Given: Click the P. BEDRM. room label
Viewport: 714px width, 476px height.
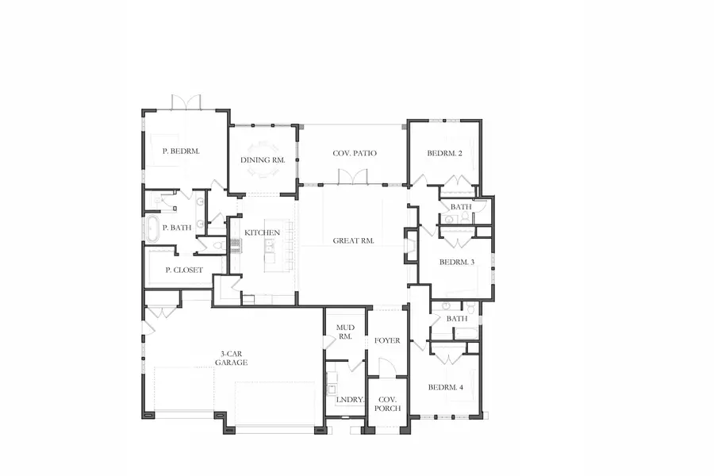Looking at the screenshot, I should pyautogui.click(x=180, y=151).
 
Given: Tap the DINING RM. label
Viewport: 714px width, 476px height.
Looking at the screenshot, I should pyautogui.click(x=263, y=159).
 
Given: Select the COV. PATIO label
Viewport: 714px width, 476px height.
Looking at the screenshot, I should pyautogui.click(x=355, y=153).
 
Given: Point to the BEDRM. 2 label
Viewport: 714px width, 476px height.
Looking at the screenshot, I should pyautogui.click(x=444, y=153).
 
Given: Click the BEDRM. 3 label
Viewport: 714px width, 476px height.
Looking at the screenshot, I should pyautogui.click(x=457, y=261).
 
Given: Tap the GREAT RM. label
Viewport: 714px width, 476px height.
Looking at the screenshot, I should pyautogui.click(x=354, y=240).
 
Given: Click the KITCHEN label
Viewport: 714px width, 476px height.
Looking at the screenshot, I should pyautogui.click(x=262, y=232).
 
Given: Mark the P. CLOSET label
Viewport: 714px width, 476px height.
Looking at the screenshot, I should pyautogui.click(x=184, y=270).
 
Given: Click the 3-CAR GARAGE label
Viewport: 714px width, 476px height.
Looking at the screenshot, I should pyautogui.click(x=231, y=358).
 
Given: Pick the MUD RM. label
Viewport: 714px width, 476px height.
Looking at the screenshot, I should pyautogui.click(x=344, y=332).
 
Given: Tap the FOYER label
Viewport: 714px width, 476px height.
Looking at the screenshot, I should pyautogui.click(x=387, y=340).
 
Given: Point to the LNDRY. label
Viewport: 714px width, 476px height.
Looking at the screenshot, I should pyautogui.click(x=350, y=400).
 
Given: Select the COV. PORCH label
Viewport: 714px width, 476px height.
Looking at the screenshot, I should pyautogui.click(x=388, y=404).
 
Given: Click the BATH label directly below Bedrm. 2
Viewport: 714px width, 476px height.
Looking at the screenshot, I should pyautogui.click(x=461, y=207).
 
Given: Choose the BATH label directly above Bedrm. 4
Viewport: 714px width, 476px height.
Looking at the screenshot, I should pyautogui.click(x=457, y=318).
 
